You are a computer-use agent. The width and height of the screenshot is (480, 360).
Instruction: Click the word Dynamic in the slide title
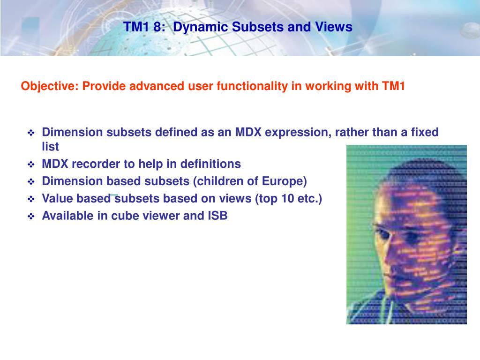point(196,27)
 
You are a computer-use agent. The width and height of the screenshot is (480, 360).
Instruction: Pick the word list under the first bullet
point(50,147)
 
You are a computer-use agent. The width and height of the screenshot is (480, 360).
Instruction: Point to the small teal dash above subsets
point(114,193)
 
